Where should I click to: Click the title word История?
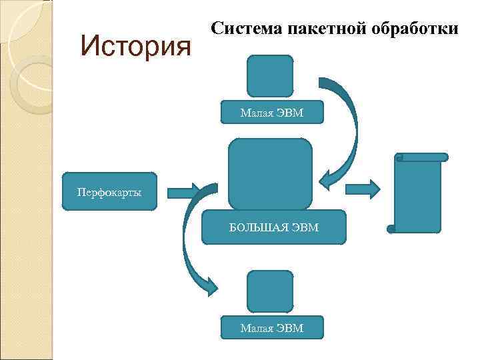tap(135, 46)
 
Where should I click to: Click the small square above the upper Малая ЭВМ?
tap(269, 75)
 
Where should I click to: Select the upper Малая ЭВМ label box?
tap(271, 113)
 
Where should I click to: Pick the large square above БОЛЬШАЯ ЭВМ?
tap(270, 174)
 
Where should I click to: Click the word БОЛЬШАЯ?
tap(259, 228)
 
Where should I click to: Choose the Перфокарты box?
tap(109, 192)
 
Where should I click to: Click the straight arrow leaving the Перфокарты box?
tap(182, 193)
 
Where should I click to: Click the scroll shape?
tap(418, 195)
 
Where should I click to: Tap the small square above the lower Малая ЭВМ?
tap(269, 291)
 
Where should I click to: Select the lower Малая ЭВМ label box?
tap(271, 328)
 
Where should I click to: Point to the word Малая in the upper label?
tap(256, 113)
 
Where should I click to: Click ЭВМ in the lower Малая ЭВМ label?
tap(291, 328)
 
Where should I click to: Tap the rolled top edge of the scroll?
tap(421, 157)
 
